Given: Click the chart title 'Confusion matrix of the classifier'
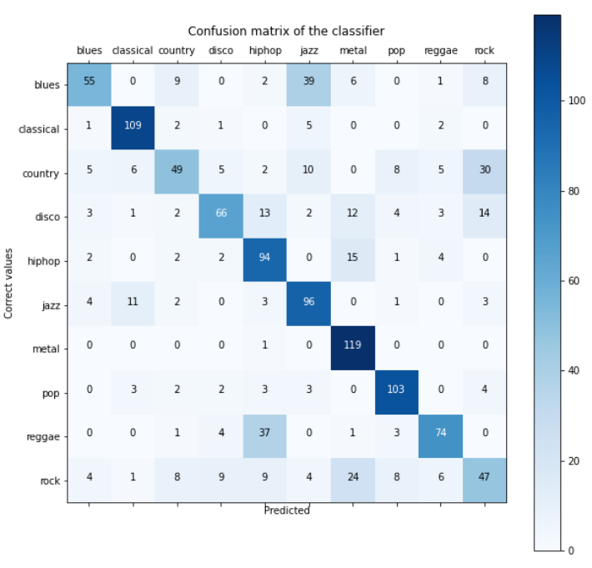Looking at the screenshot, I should click(x=286, y=31).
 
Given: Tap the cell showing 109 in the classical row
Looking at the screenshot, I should click(x=133, y=129).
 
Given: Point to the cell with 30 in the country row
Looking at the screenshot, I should click(x=484, y=173).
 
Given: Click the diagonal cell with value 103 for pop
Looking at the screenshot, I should click(x=396, y=391).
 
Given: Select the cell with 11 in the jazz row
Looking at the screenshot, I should click(x=133, y=304).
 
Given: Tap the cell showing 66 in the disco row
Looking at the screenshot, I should click(x=220, y=217).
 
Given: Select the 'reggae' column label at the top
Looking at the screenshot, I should click(x=440, y=51).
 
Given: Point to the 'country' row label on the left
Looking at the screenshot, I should click(x=42, y=173).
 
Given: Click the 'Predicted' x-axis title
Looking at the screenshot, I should click(x=286, y=510).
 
